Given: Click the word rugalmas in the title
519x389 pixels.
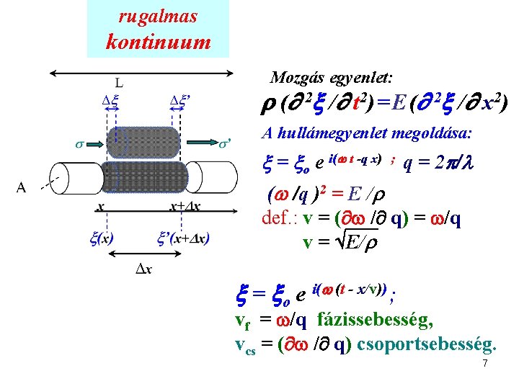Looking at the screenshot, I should (x=158, y=16).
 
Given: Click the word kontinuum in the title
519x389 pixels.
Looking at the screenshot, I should (x=158, y=42).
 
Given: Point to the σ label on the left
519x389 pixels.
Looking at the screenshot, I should (x=79, y=143).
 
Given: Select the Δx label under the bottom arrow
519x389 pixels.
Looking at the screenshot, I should (x=144, y=269).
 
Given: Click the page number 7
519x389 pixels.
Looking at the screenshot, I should (x=485, y=363).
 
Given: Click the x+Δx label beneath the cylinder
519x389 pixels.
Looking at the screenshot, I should (x=185, y=207).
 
